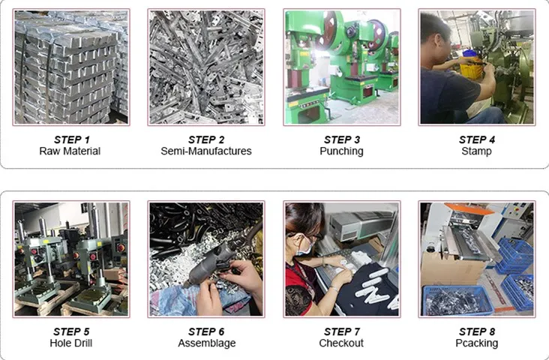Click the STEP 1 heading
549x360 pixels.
click(x=72, y=139)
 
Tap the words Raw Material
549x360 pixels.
click(x=70, y=151)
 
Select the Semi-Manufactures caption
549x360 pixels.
click(x=206, y=151)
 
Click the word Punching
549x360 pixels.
click(x=341, y=151)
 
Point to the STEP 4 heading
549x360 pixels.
click(x=477, y=139)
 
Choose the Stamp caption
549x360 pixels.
click(x=476, y=151)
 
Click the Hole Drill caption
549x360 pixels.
click(x=71, y=343)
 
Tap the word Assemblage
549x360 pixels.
click(x=206, y=343)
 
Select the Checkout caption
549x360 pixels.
click(x=341, y=343)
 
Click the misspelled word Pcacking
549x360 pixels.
click(x=476, y=343)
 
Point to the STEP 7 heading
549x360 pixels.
click(x=342, y=331)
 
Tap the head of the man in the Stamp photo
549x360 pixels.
click(x=435, y=33)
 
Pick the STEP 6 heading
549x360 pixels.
click(x=206, y=331)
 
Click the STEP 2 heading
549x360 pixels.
click(x=206, y=139)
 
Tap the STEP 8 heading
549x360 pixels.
click(x=477, y=331)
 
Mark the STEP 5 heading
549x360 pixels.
click(x=71, y=331)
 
